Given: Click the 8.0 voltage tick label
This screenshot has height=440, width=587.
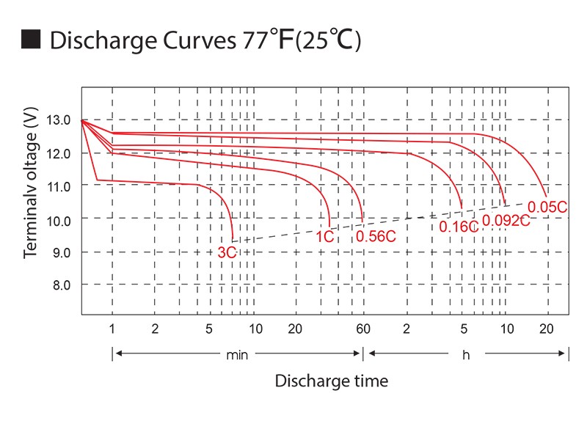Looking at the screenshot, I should pyautogui.click(x=59, y=285).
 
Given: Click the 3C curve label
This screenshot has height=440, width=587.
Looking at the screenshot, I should pyautogui.click(x=227, y=252).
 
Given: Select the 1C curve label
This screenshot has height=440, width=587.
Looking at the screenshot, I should pyautogui.click(x=325, y=237).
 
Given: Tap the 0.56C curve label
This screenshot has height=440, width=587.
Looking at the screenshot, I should pyautogui.click(x=376, y=236).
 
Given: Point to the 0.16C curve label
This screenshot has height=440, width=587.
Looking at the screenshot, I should pyautogui.click(x=459, y=227).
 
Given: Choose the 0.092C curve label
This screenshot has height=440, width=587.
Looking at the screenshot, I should pyautogui.click(x=506, y=220).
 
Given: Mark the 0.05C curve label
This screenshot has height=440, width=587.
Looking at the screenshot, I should pyautogui.click(x=547, y=207).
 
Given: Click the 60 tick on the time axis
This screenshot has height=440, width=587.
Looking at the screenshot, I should pyautogui.click(x=362, y=329).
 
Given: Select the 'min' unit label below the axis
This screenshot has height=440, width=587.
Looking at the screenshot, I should pyautogui.click(x=237, y=355).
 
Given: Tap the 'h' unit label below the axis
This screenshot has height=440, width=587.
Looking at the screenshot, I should pyautogui.click(x=465, y=355).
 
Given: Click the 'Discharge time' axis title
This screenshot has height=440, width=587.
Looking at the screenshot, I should pyautogui.click(x=331, y=381).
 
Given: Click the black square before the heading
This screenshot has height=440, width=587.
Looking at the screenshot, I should pyautogui.click(x=31, y=40).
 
